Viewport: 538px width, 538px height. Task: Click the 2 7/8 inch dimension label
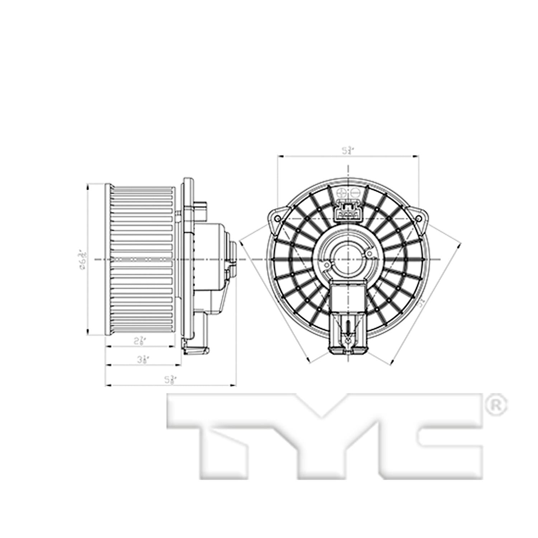pyautogui.click(x=139, y=341)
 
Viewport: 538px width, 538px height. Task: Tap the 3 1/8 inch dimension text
pyautogui.click(x=142, y=359)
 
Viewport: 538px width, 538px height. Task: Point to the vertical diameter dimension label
pyautogui.click(x=83, y=259)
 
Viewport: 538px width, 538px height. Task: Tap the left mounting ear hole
pyautogui.click(x=277, y=218)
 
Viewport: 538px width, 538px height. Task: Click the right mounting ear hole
pyautogui.click(x=418, y=218)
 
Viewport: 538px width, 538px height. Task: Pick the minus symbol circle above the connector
pyautogui.click(x=355, y=192)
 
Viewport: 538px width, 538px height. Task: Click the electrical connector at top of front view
pyautogui.click(x=347, y=212)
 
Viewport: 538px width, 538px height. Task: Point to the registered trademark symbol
pyautogui.click(x=496, y=405)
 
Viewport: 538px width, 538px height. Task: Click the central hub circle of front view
pyautogui.click(x=347, y=259)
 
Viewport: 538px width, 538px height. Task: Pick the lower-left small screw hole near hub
pyautogui.click(x=326, y=265)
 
